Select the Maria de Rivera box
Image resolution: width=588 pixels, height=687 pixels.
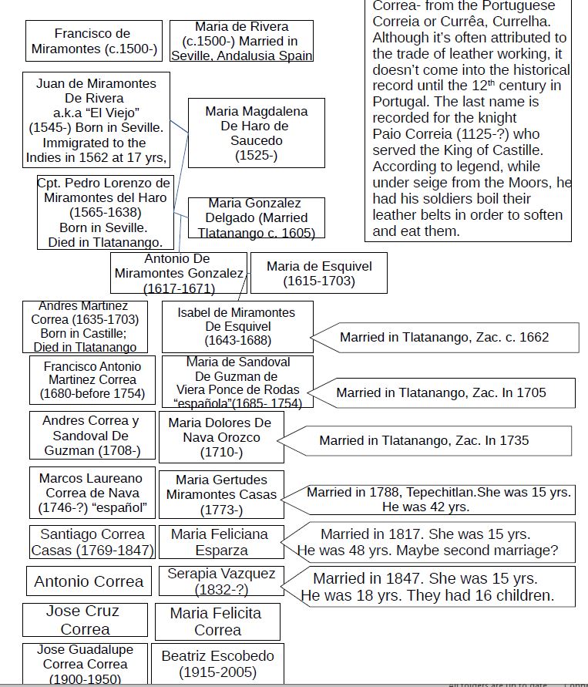coord(241,41)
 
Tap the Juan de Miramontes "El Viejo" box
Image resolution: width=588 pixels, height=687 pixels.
coord(96,120)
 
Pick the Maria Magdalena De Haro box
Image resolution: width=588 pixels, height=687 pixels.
coord(256,133)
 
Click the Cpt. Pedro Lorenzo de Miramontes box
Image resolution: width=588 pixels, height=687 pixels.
coord(104,213)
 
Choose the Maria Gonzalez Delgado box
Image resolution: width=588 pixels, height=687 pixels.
coord(255,217)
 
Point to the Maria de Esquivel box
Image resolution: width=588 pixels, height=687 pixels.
coord(318,273)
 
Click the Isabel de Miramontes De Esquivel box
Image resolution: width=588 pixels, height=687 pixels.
coord(237,326)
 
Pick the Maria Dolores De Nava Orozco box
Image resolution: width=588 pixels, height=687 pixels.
coord(220,437)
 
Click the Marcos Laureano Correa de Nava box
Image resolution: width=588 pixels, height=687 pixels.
coord(92,492)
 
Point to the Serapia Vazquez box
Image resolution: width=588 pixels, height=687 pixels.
coord(220,581)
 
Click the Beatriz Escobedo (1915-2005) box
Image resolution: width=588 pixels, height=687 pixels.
coord(217,663)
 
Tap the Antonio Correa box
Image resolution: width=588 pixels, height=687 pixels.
coord(89,581)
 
